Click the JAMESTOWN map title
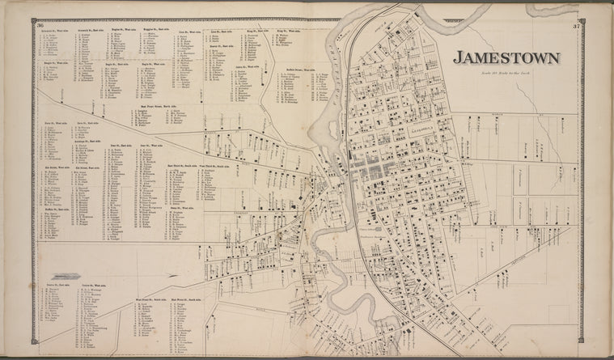click(x=506, y=57)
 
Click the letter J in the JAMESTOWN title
click(x=458, y=57)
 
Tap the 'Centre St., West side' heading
click(x=94, y=285)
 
